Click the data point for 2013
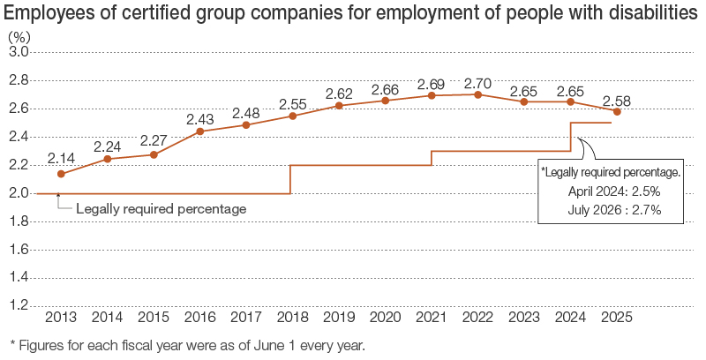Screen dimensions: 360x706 (x=61, y=174)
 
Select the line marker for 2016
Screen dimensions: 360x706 (x=199, y=131)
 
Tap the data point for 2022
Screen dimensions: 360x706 (x=477, y=94)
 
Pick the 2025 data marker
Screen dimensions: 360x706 (x=617, y=111)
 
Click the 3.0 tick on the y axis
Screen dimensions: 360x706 (x=19, y=52)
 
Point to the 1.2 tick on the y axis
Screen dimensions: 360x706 (x=19, y=305)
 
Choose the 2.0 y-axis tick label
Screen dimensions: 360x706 (x=19, y=193)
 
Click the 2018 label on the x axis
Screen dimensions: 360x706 (x=292, y=317)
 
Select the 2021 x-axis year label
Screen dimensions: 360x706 (x=432, y=317)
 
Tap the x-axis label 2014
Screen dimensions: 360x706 (x=107, y=317)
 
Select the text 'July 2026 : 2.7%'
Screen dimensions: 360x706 (x=614, y=209)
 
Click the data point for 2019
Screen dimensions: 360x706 (x=339, y=106)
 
